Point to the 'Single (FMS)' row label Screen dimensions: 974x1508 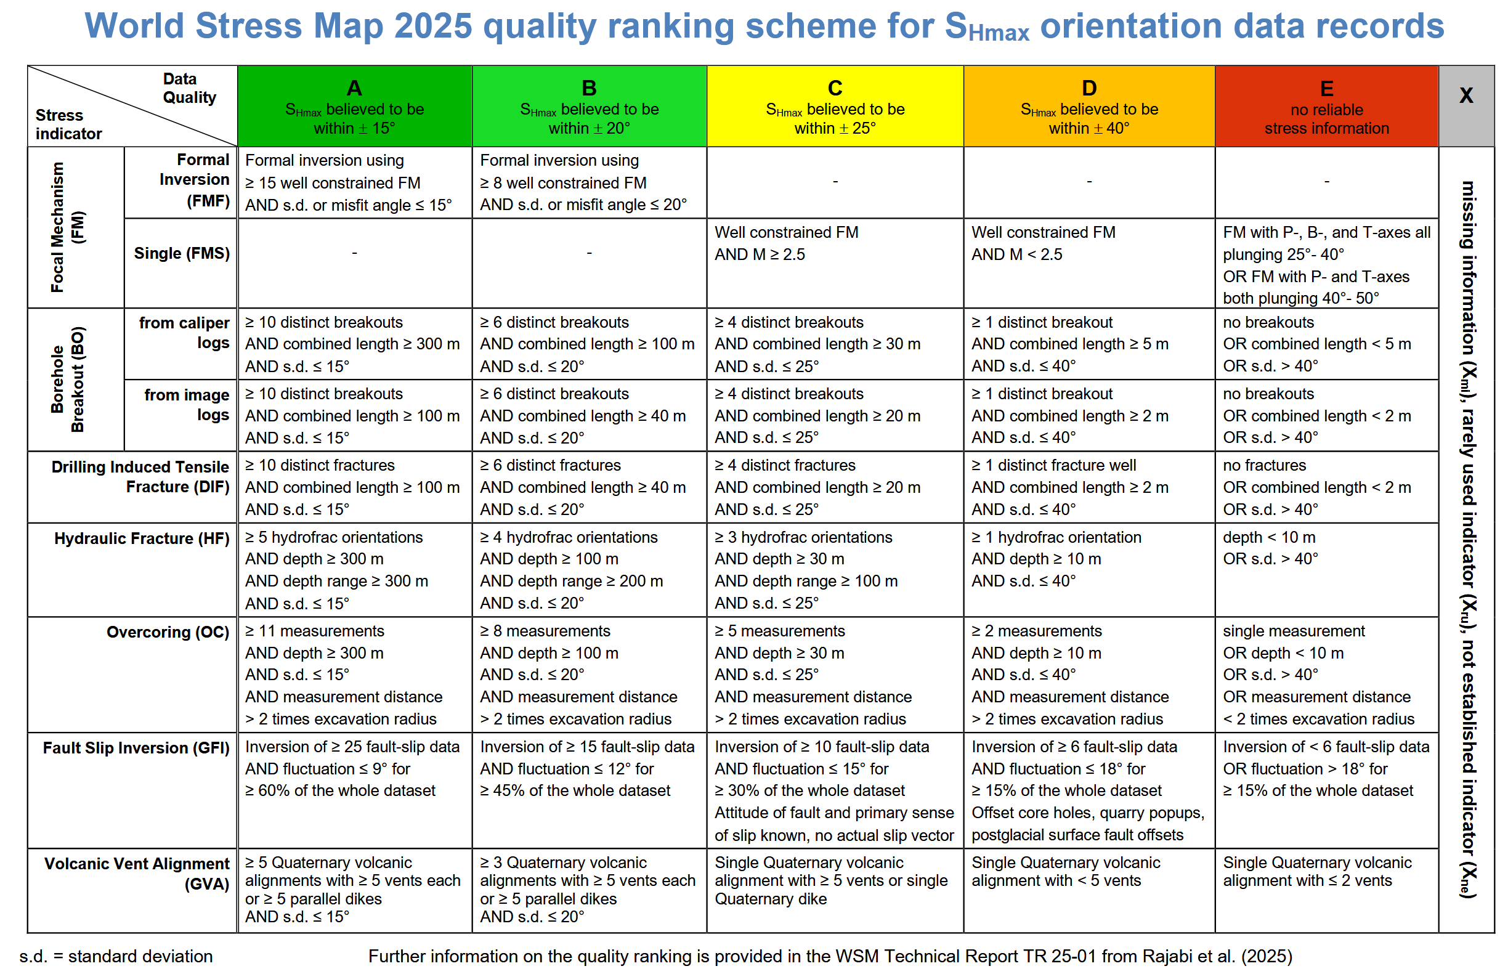tap(182, 253)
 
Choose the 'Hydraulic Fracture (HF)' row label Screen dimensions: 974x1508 tap(142, 538)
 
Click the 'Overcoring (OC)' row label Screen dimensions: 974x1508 tap(168, 632)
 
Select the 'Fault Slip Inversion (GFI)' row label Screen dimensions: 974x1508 tap(136, 747)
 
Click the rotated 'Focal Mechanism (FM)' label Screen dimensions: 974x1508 tap(67, 227)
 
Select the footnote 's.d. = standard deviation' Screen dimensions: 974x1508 tap(116, 956)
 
